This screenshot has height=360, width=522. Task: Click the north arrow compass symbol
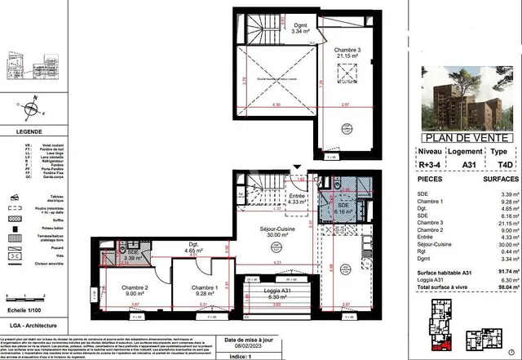(x=30, y=108)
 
